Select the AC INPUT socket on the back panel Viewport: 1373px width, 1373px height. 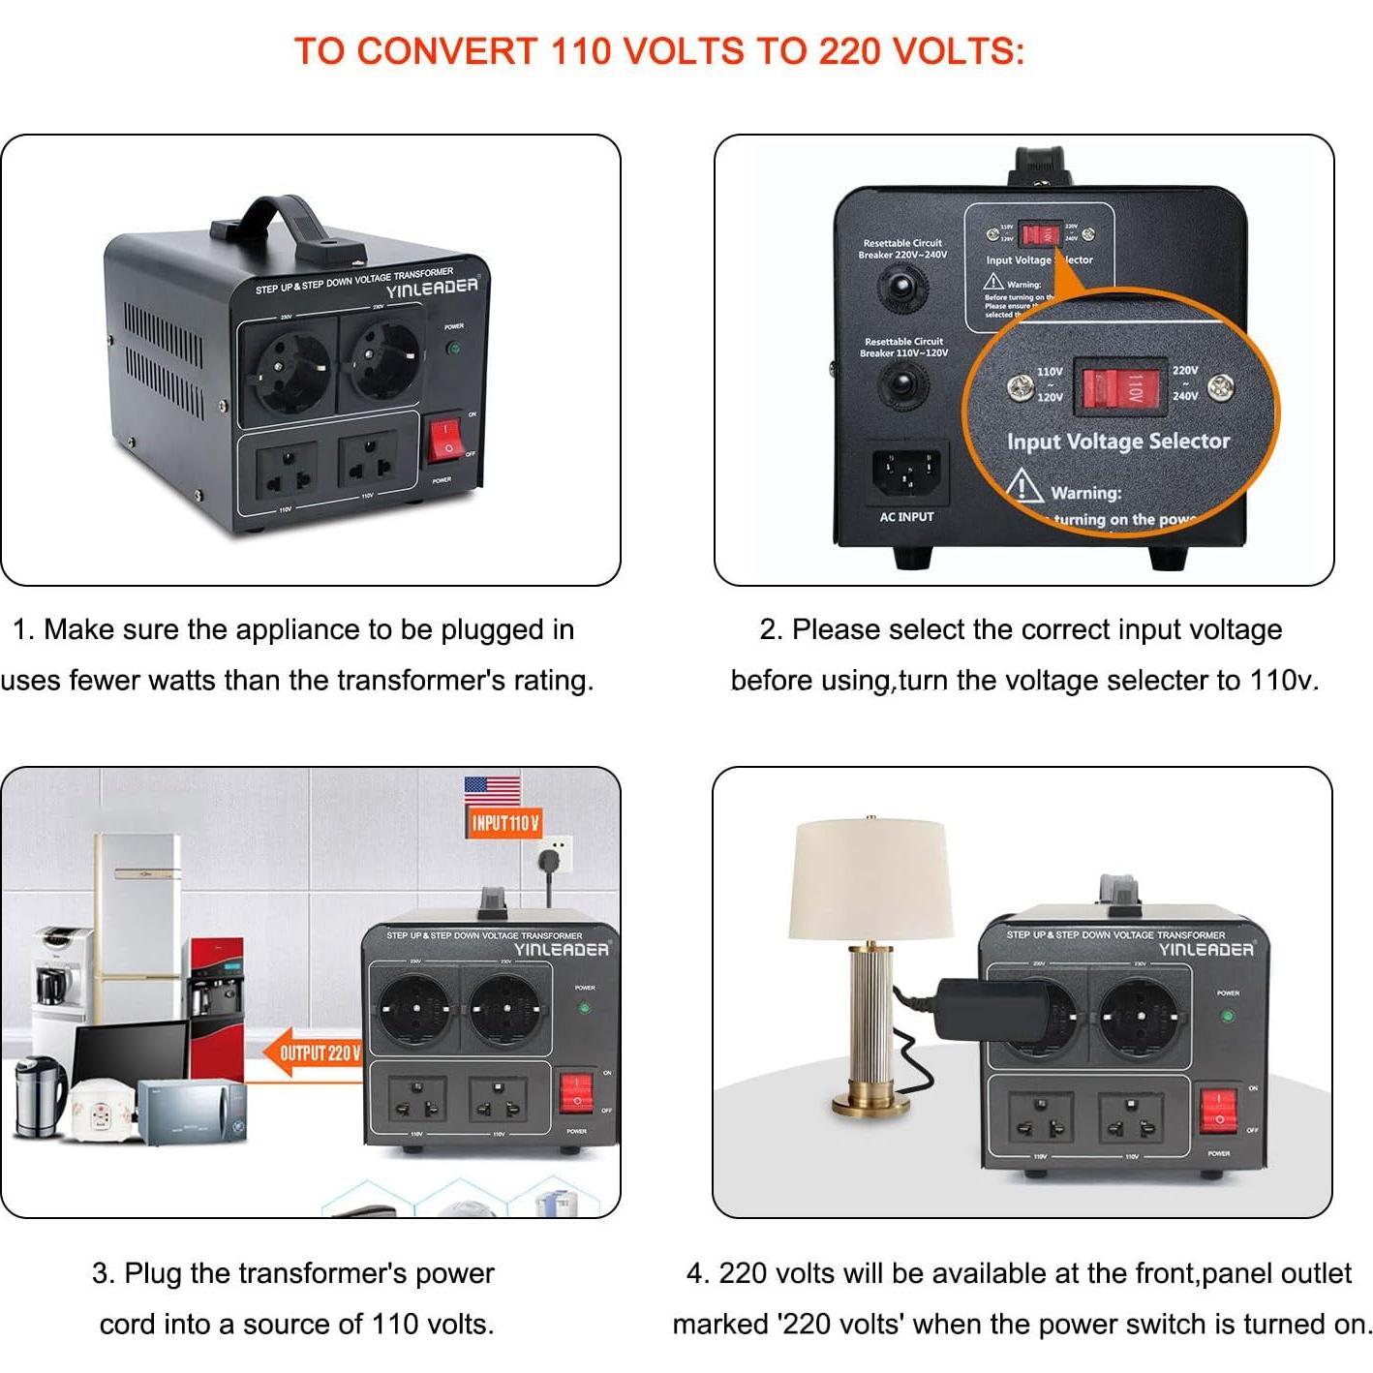[x=905, y=472]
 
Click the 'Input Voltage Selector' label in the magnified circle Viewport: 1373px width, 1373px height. [x=1118, y=442]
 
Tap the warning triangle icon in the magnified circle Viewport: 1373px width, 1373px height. [x=1023, y=484]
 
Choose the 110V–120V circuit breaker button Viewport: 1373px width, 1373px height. [x=902, y=385]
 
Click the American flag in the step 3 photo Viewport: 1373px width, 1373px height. [x=492, y=790]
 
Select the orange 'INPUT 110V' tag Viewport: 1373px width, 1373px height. [x=503, y=823]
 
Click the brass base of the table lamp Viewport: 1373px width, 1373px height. [x=870, y=1103]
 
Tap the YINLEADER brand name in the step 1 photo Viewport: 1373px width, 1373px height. [x=432, y=288]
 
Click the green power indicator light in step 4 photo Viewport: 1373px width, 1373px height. [x=1227, y=1016]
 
